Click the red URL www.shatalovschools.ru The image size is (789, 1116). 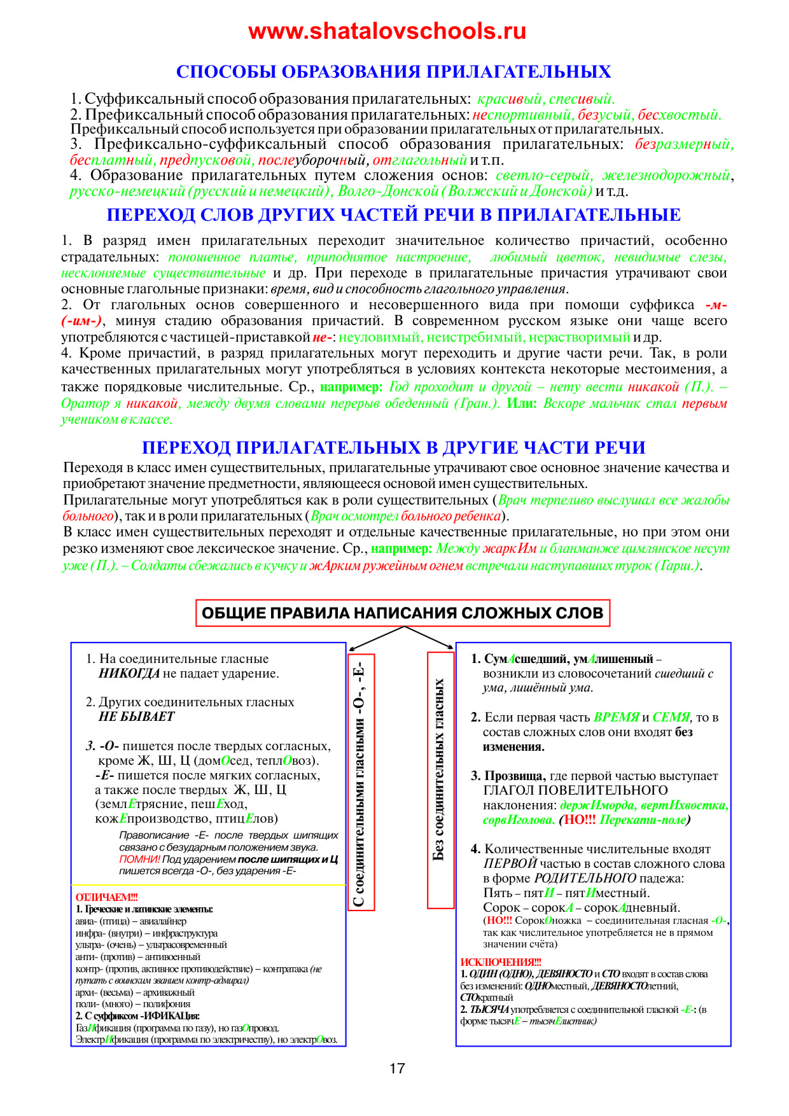point(387,31)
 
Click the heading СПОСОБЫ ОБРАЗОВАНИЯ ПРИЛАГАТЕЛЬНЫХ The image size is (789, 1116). point(393,72)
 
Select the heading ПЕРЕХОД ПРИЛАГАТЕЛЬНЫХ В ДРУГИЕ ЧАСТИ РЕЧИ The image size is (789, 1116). point(393,448)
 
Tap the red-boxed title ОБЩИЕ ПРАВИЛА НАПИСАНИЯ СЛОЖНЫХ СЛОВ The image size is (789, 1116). point(402,613)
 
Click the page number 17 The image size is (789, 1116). point(397,1068)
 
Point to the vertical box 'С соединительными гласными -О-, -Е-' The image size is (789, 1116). point(361,781)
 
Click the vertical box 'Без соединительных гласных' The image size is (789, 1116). point(440,770)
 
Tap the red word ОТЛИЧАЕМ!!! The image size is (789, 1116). point(106,897)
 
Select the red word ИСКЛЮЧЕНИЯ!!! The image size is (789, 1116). point(501,963)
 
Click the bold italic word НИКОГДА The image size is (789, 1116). point(129,674)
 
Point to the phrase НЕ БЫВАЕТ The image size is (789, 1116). point(136,717)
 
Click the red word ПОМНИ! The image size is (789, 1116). point(139,860)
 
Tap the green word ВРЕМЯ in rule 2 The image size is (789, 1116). point(616,718)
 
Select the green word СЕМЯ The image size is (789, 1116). point(671,718)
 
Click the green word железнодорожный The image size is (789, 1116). point(666,176)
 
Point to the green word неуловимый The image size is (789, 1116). point(379,337)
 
